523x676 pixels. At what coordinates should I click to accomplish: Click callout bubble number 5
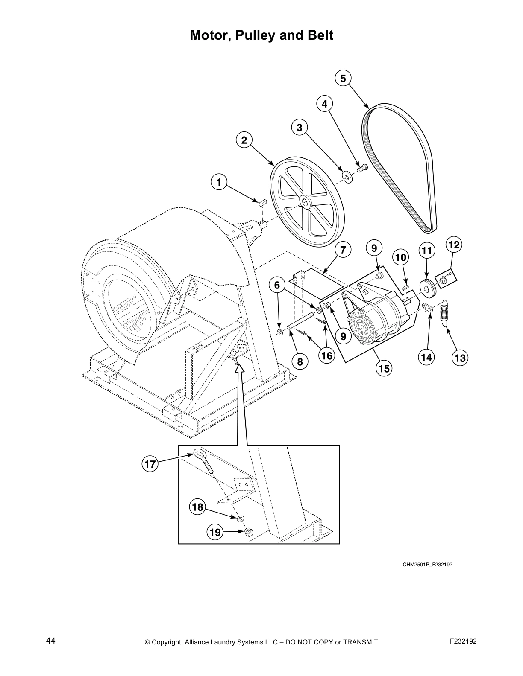[343, 79]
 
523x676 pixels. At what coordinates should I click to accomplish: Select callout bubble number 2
[244, 140]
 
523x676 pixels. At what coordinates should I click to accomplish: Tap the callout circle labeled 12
[453, 245]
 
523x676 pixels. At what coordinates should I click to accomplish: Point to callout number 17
[150, 464]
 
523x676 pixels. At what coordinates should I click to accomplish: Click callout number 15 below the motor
[384, 368]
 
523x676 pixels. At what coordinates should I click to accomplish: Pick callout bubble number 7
[343, 250]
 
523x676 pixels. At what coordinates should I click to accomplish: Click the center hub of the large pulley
[306, 203]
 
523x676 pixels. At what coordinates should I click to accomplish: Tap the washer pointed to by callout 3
[346, 176]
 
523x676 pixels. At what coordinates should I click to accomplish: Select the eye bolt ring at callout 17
[199, 453]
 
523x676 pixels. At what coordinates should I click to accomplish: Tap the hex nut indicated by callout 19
[248, 532]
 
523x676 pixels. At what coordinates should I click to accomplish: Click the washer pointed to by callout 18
[241, 518]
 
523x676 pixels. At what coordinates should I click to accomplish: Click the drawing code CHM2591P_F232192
[427, 565]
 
